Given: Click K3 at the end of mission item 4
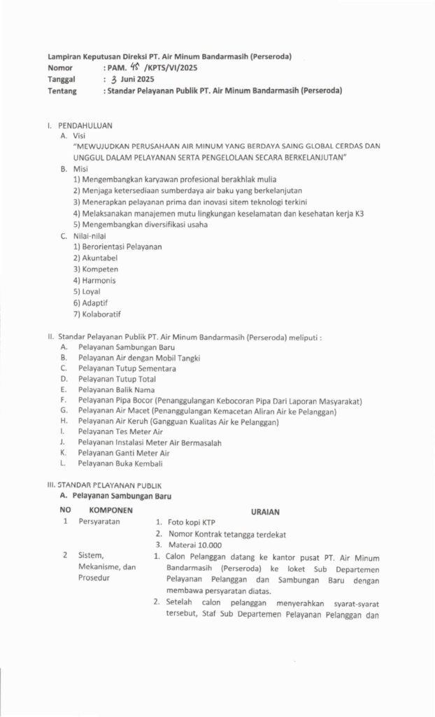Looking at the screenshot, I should click(x=359, y=213).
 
